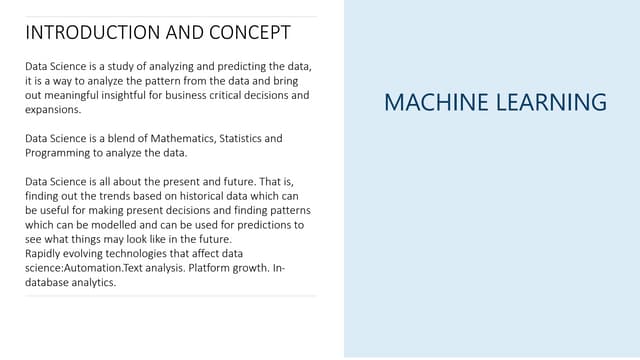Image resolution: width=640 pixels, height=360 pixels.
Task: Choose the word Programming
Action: (58, 153)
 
